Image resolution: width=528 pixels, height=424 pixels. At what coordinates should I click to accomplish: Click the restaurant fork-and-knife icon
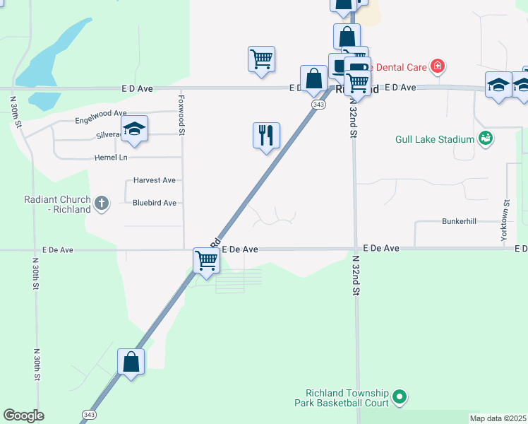pos(266,134)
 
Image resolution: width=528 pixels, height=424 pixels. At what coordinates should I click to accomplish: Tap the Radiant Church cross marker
pos(102,204)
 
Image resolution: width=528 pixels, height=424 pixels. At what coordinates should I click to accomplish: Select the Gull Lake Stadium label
pos(434,139)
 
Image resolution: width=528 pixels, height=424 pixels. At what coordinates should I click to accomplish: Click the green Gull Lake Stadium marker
pos(485,138)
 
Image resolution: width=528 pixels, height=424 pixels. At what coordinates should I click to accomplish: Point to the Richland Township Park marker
pos(400,397)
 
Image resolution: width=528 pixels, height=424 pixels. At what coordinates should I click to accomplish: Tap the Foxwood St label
pos(181,116)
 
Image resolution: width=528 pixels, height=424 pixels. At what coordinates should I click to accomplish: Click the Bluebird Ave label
pos(155,203)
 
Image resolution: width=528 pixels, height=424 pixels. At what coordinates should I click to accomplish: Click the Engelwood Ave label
pos(101,113)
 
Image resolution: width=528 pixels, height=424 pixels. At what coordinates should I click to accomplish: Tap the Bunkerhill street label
pos(460,221)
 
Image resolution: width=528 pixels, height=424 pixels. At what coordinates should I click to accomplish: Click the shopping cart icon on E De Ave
pos(207,259)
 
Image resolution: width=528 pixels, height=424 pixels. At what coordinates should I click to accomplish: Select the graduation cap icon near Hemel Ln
pos(133,129)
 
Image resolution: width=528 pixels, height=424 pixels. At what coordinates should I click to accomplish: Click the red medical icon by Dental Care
pos(438,67)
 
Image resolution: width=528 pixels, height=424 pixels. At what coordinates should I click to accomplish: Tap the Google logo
pos(23,416)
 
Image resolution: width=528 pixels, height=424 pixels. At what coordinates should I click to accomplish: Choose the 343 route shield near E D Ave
pos(317,104)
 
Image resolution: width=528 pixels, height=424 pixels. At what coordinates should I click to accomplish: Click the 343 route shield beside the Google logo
pos(89,415)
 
